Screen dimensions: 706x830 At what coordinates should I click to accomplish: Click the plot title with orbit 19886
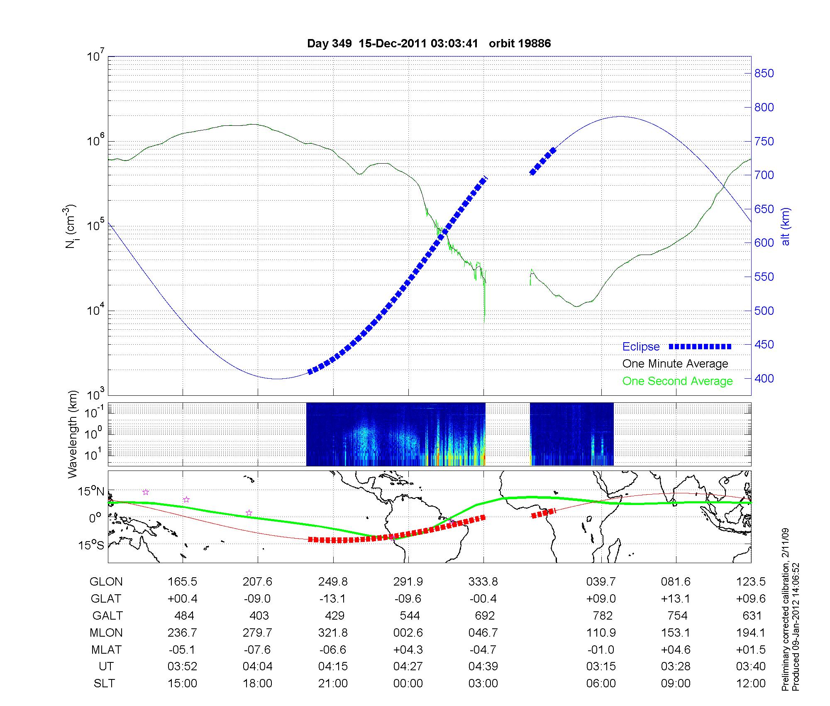(x=429, y=44)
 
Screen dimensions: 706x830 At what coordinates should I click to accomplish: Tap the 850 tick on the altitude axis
(x=764, y=74)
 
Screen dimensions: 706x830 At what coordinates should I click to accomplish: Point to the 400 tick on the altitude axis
(x=764, y=378)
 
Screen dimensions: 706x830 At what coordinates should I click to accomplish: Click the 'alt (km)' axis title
(x=786, y=226)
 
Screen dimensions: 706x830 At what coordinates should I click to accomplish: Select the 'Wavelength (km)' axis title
(x=73, y=434)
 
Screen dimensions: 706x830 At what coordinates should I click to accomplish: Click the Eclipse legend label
(x=641, y=347)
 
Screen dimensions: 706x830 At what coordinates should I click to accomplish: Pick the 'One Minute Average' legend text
(x=675, y=364)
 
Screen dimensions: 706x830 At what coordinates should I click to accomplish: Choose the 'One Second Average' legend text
(x=677, y=381)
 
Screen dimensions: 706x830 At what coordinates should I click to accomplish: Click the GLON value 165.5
(x=182, y=581)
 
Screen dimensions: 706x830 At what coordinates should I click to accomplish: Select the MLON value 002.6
(x=408, y=632)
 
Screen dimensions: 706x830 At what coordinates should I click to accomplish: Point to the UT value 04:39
(x=483, y=667)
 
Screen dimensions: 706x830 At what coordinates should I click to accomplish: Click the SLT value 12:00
(x=751, y=683)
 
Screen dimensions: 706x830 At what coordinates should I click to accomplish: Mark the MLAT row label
(x=106, y=650)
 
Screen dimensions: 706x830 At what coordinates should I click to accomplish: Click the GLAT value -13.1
(x=333, y=598)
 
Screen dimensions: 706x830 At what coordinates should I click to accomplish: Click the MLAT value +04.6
(x=676, y=650)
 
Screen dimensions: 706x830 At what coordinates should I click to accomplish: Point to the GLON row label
(x=106, y=581)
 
